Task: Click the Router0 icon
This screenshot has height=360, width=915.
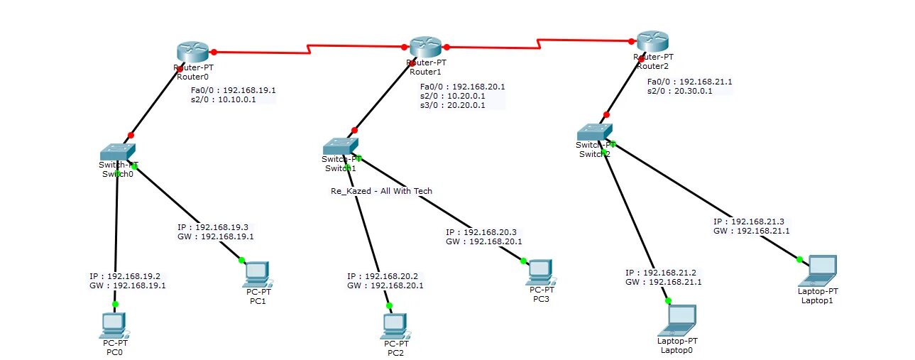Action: [x=192, y=52]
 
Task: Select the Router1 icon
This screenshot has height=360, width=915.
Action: [x=425, y=48]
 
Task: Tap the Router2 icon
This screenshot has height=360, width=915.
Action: [x=653, y=41]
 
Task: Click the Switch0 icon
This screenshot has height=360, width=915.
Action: [x=117, y=151]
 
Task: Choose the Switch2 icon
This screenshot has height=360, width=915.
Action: [x=594, y=132]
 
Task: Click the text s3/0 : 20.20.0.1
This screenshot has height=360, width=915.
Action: [x=453, y=105]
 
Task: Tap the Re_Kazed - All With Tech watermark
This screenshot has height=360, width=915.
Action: [x=381, y=191]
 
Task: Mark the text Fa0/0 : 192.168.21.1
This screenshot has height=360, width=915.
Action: [x=689, y=82]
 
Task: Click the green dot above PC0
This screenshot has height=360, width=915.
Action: [x=115, y=304]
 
